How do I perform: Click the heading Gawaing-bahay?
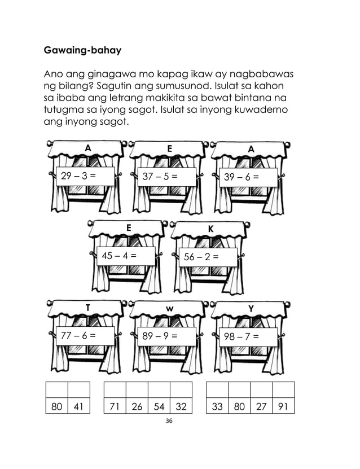(x=82, y=50)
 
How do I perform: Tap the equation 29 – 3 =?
(x=78, y=176)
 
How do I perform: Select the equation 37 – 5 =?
(x=160, y=176)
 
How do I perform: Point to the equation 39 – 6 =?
(x=242, y=177)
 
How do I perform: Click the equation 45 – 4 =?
(x=119, y=255)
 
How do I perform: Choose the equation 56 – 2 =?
(x=201, y=257)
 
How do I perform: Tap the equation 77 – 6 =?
(x=78, y=336)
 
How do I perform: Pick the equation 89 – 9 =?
(x=160, y=336)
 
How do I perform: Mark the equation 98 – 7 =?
(x=242, y=336)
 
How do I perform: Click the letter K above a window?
(x=210, y=229)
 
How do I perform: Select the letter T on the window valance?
(x=87, y=307)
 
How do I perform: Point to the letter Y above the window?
(x=251, y=308)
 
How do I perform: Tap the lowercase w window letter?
(x=169, y=308)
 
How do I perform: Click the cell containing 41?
(x=79, y=406)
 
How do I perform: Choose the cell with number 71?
(x=115, y=406)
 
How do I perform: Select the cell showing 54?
(x=159, y=406)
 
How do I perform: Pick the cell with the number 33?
(x=217, y=406)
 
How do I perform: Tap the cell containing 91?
(x=283, y=406)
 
